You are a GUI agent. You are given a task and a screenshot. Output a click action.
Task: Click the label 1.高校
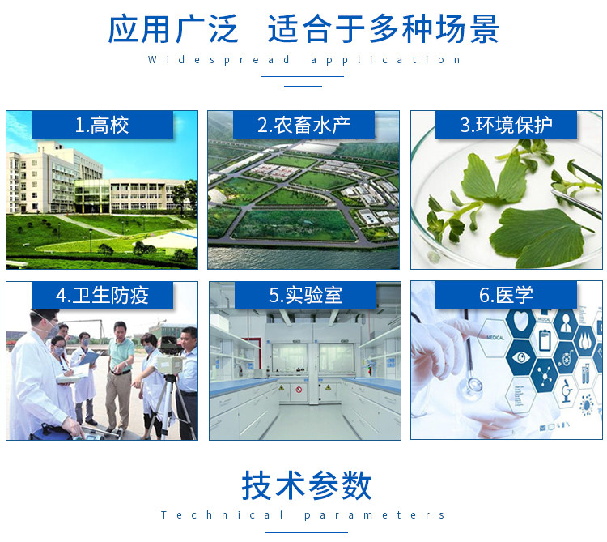pos(102,125)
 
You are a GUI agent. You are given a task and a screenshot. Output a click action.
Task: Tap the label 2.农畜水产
pos(303,125)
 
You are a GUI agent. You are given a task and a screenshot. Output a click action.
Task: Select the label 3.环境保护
pos(506,125)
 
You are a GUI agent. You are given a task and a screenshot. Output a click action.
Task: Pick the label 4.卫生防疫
pos(102,295)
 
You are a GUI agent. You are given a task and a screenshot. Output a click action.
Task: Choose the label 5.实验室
pos(305,295)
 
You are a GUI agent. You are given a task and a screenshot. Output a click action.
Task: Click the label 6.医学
pos(506,295)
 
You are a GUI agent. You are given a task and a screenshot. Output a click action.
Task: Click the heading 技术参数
pos(307,486)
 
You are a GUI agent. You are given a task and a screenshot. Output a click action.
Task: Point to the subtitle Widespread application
pos(304,60)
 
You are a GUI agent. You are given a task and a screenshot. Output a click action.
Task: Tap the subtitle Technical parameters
pos(303,515)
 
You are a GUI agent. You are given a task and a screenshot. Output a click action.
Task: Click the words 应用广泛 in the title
pos(172,29)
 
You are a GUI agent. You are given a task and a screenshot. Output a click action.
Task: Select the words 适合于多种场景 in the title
pos(384,29)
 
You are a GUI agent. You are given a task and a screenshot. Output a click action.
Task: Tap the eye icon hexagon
pos(521,356)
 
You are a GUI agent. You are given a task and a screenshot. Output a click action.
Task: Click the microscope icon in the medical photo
pos(566,390)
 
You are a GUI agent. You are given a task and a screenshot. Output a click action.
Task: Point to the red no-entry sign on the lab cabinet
pos(299,390)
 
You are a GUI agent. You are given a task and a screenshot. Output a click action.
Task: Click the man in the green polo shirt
pos(119,376)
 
